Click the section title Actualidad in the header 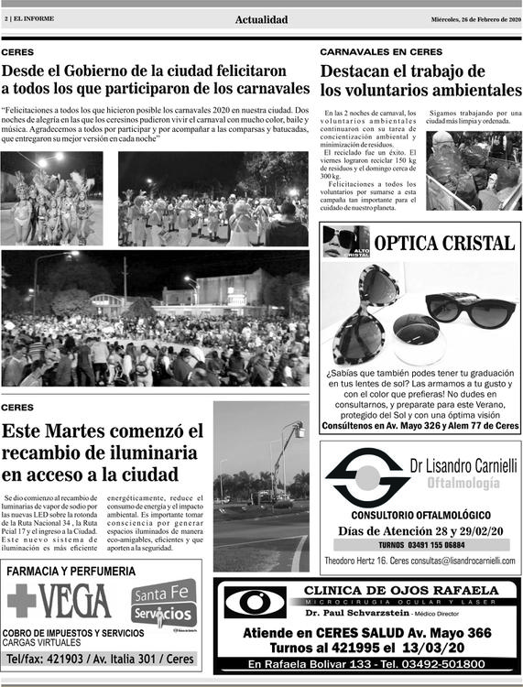click(x=261, y=20)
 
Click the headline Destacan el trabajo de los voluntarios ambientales click(x=420, y=81)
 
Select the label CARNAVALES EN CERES click(x=381, y=52)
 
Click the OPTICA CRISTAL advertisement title click(x=444, y=243)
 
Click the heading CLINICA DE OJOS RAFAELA click(x=400, y=590)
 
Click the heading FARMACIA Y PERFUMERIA click(x=71, y=572)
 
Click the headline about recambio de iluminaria click(x=103, y=453)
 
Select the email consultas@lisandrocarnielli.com click(x=452, y=561)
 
